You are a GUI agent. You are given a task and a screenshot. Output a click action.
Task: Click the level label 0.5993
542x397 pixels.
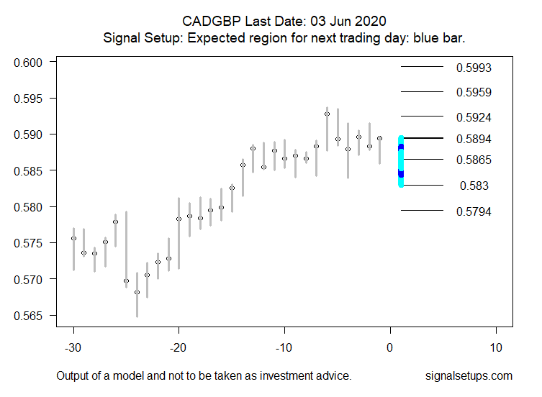(474, 68)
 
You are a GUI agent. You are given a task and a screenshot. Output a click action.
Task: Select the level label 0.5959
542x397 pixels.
(474, 92)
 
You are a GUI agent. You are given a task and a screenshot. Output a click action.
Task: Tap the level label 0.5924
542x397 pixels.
(474, 117)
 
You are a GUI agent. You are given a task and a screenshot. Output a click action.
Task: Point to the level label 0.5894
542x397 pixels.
(474, 138)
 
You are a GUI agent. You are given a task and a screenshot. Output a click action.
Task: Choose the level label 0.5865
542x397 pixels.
(474, 160)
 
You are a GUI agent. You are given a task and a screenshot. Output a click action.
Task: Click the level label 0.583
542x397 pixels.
(474, 186)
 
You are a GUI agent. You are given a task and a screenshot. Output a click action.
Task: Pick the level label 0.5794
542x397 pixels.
(474, 211)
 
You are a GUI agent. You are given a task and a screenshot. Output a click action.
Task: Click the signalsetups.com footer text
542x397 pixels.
(469, 375)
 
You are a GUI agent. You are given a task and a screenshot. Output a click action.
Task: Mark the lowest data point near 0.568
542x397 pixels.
(137, 292)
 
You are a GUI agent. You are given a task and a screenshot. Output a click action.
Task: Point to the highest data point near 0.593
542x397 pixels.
(327, 114)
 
